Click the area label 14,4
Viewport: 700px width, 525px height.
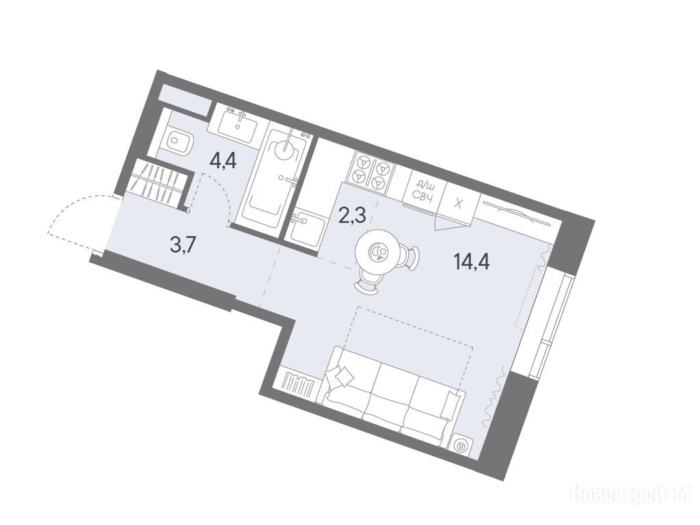[472, 262]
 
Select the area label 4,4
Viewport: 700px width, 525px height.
[223, 160]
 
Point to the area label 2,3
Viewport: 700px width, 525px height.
[353, 216]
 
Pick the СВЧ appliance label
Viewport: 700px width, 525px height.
[421, 196]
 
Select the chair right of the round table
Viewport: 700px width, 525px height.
[412, 258]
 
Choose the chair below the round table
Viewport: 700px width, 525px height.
[367, 283]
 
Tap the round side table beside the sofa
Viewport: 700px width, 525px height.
[460, 446]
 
